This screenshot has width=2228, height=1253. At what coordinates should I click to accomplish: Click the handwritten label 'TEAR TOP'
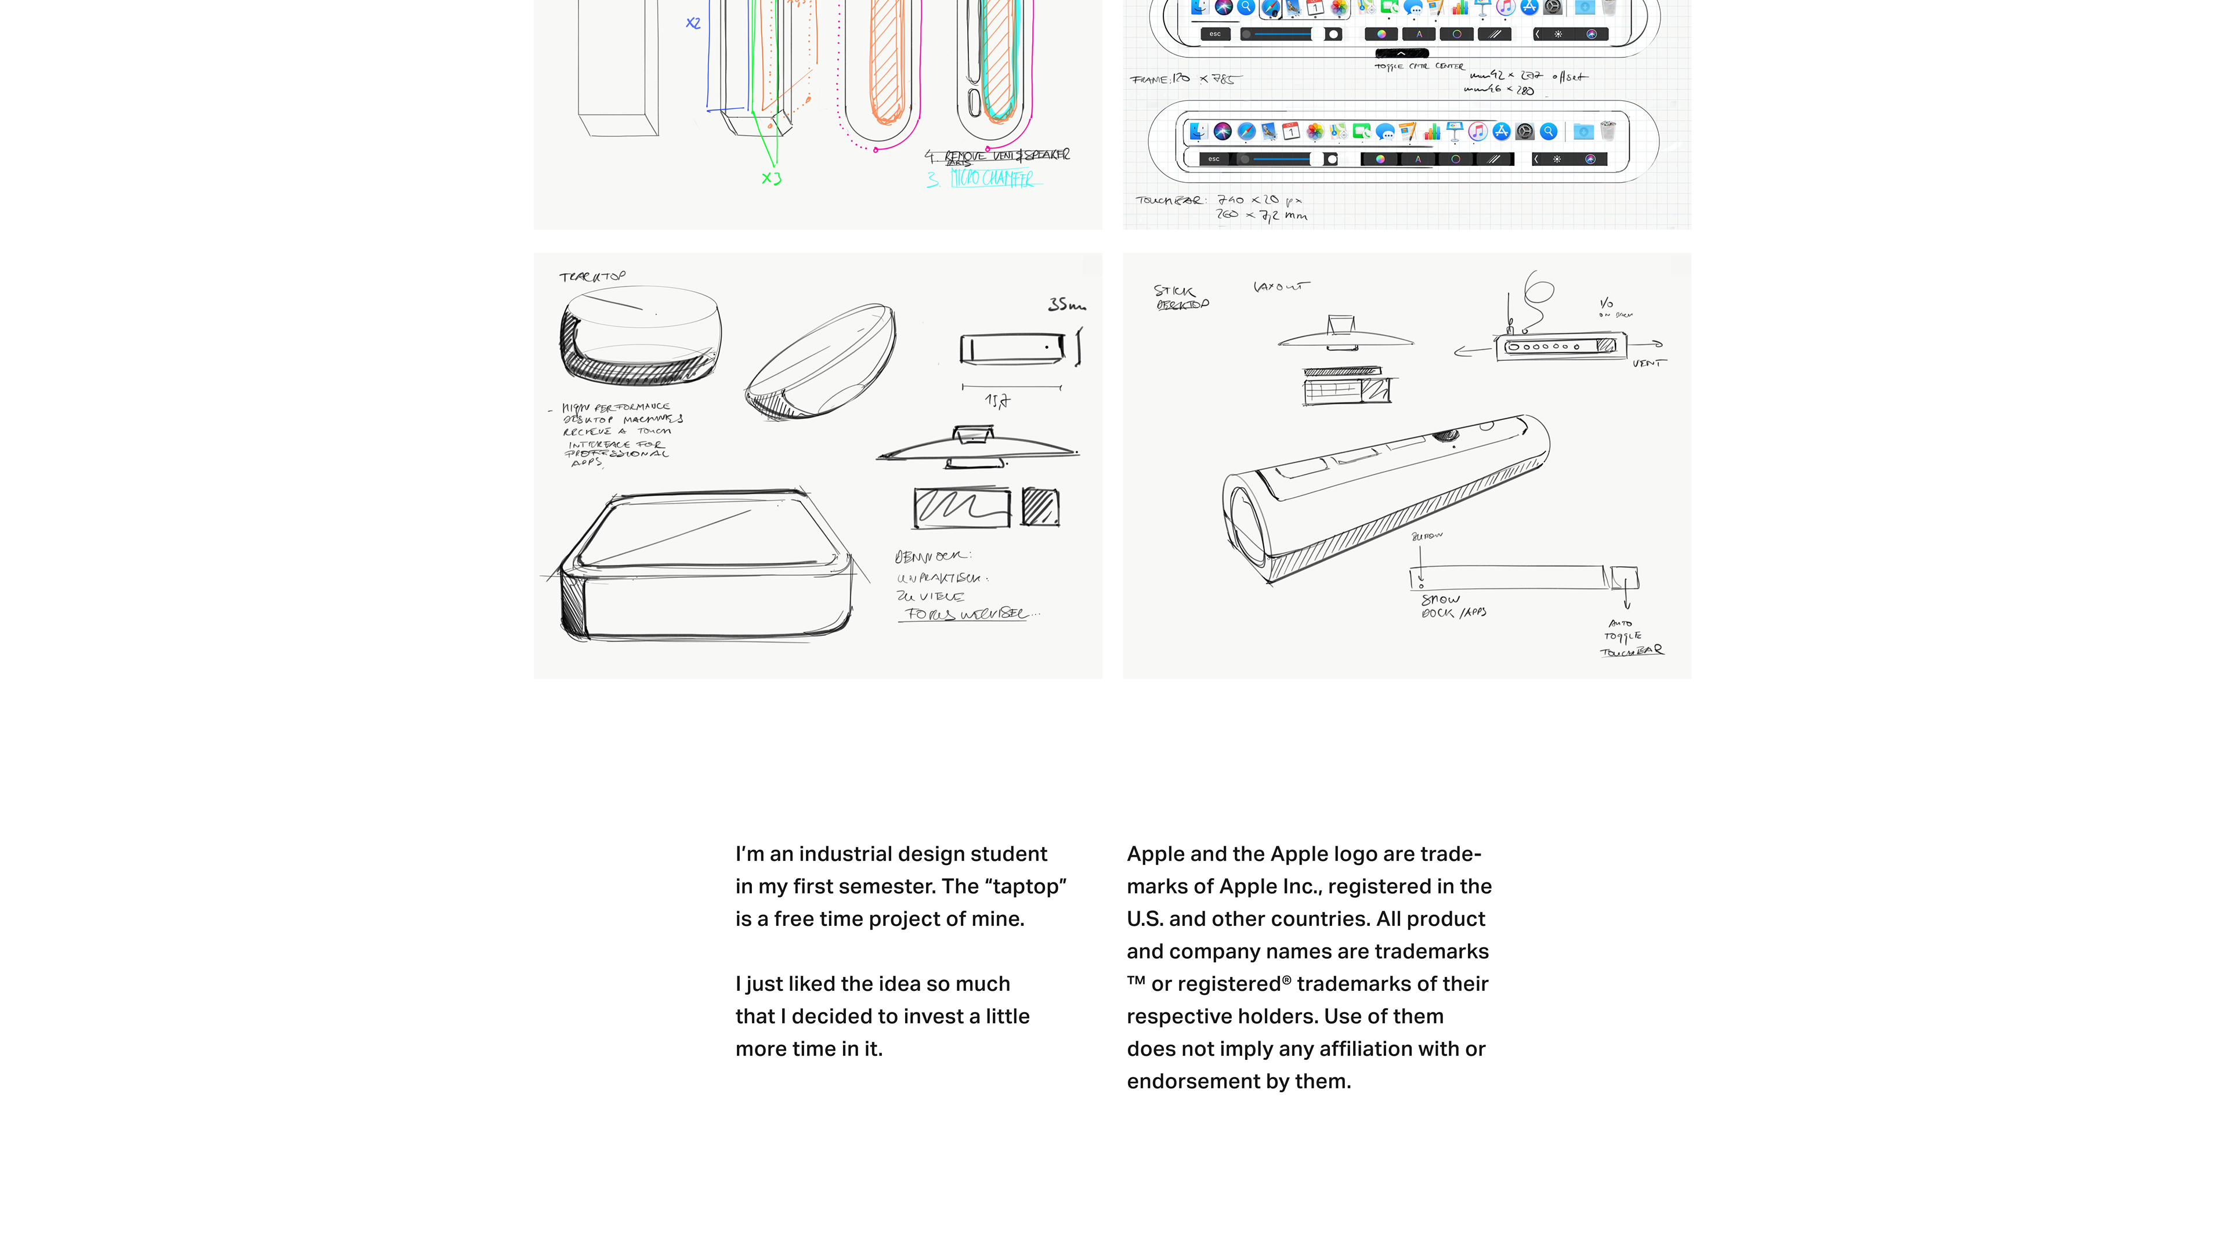pos(592,277)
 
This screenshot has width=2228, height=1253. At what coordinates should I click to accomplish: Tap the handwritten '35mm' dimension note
pos(1066,305)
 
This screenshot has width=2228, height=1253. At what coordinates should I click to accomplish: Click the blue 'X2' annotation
pos(693,23)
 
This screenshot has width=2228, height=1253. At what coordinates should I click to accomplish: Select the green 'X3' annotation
pos(771,178)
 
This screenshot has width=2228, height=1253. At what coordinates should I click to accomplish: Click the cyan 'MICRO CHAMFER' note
pos(991,178)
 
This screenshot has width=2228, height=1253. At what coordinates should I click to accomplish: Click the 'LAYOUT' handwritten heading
pos(1281,286)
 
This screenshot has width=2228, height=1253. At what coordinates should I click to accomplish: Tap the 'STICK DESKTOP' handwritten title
pos(1181,296)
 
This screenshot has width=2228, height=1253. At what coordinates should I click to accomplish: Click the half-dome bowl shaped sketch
pos(820,361)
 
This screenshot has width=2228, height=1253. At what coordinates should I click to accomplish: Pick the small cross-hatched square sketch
pos(1040,507)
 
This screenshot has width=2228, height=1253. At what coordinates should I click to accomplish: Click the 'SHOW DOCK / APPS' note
pos(1453,605)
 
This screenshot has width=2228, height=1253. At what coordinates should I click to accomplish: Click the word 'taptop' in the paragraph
pos(1025,886)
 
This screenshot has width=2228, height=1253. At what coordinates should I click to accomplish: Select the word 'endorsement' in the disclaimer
pos(1197,1081)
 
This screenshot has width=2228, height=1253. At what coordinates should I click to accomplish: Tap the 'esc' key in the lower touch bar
pos(1213,159)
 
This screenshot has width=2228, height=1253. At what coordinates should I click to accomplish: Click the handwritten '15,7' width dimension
pos(996,400)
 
